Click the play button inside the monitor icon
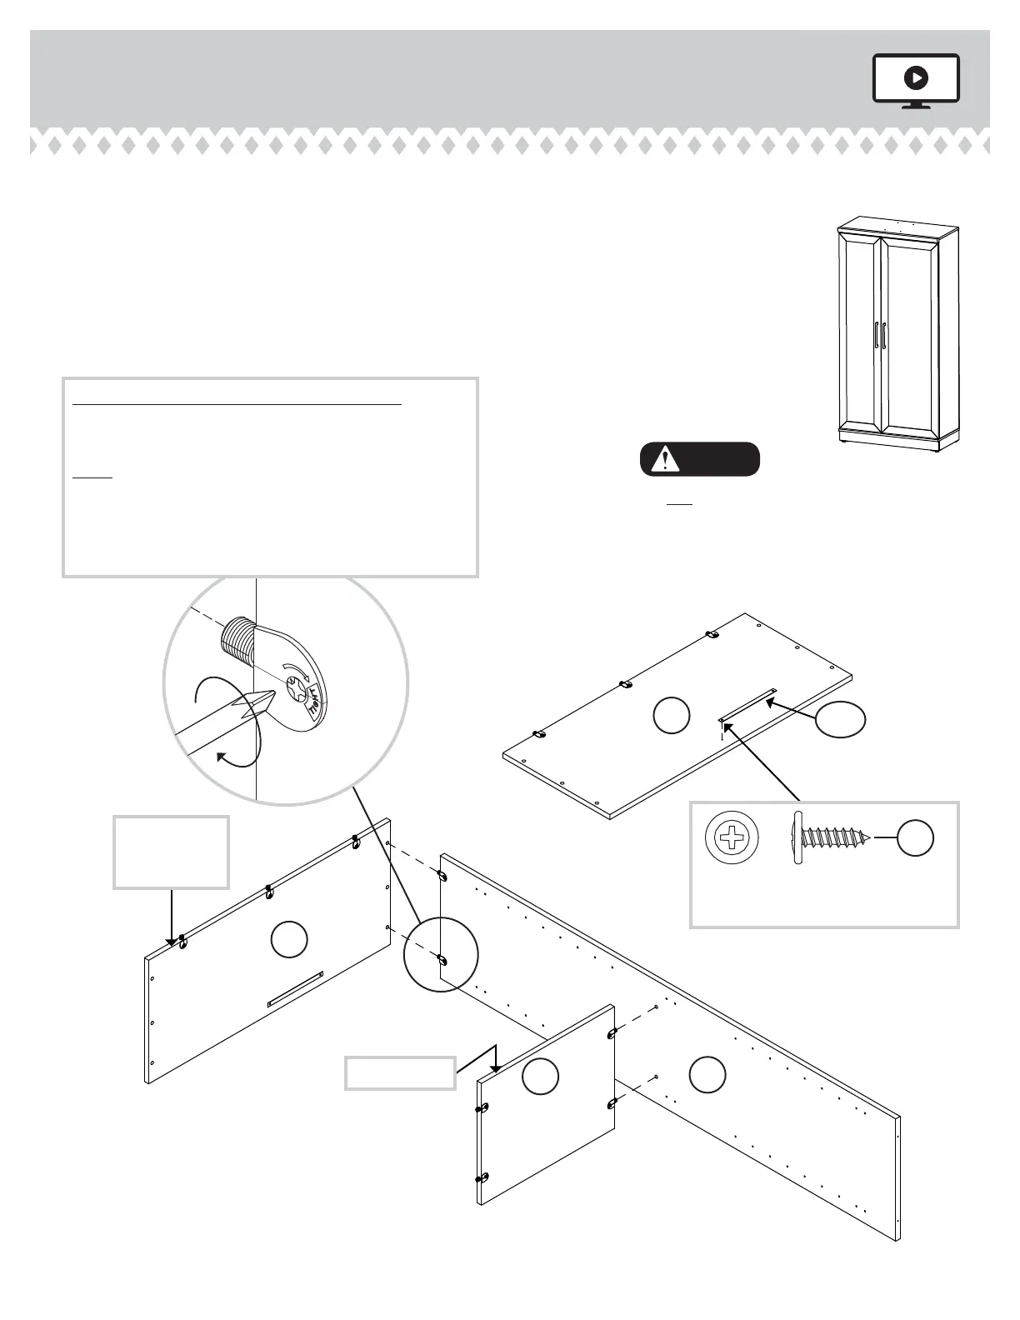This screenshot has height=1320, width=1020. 916,78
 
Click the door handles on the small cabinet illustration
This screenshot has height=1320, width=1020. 881,337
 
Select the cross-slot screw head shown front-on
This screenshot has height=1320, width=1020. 732,837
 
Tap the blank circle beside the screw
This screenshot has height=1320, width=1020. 915,837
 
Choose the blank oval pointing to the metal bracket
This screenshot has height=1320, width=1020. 839,719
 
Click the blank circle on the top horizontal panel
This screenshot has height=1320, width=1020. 671,716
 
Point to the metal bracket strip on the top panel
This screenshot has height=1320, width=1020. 747,704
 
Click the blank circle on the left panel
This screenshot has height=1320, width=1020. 289,939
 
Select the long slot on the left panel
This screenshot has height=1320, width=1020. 294,989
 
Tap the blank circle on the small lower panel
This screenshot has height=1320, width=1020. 540,1077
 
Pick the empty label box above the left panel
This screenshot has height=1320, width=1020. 171,852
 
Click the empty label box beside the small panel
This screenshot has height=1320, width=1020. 401,1072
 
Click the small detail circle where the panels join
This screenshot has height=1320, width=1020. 441,954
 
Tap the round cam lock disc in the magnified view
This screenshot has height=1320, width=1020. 297,687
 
